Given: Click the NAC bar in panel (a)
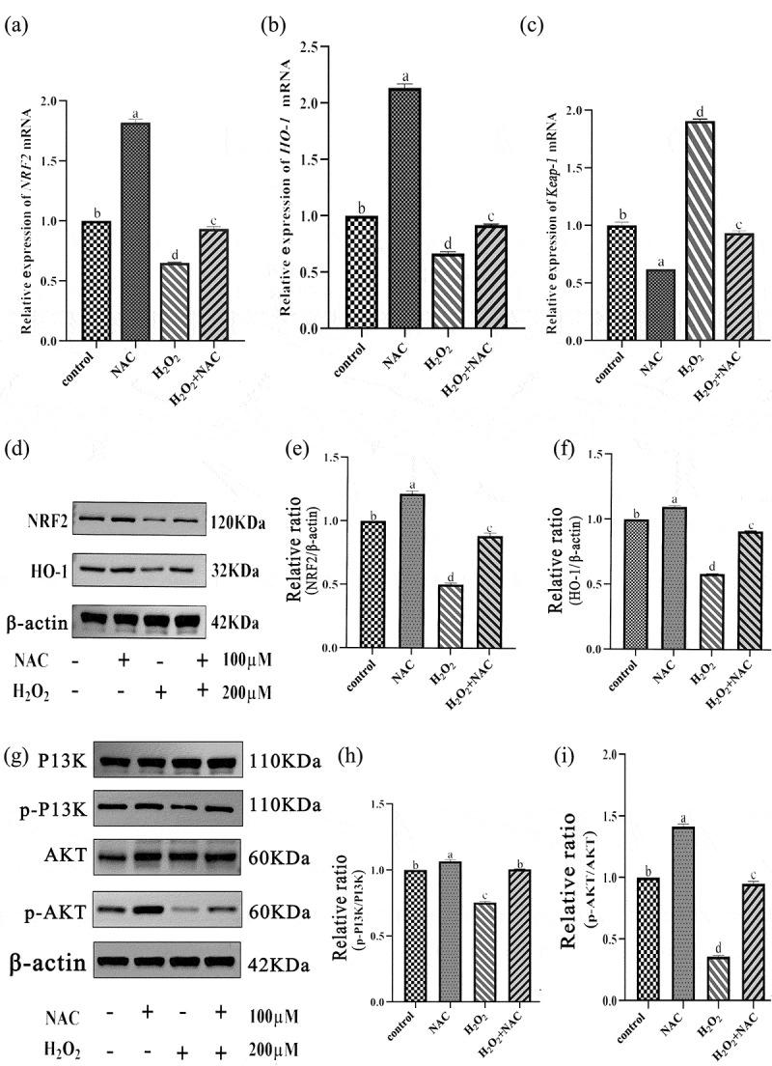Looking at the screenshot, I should point(137,231).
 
